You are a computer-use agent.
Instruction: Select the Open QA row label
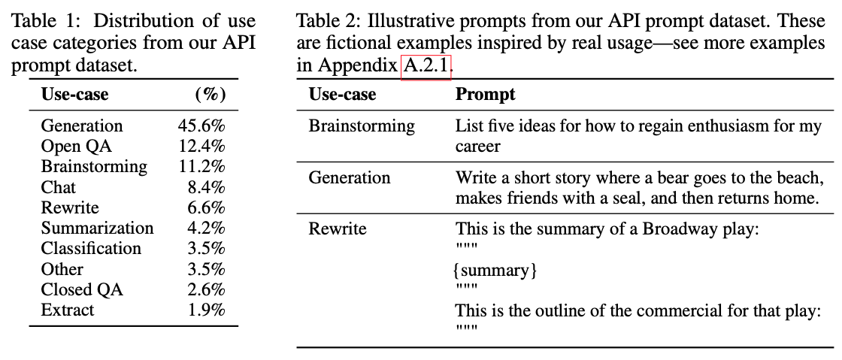(76, 146)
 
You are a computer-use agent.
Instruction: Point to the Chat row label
(59, 187)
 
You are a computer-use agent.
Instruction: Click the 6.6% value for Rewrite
(206, 207)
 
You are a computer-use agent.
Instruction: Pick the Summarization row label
(97, 228)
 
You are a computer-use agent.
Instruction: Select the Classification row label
(91, 248)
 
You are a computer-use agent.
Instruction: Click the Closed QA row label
(82, 289)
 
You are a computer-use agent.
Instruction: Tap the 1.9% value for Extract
(206, 310)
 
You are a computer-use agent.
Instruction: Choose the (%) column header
(210, 94)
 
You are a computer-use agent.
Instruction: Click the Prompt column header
(486, 94)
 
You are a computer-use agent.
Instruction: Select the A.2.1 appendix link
(426, 65)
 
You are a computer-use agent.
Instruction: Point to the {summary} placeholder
(496, 270)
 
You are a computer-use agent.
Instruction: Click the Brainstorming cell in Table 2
(362, 126)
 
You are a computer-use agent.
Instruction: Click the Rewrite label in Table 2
(338, 228)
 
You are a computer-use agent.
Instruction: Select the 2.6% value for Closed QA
(206, 289)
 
